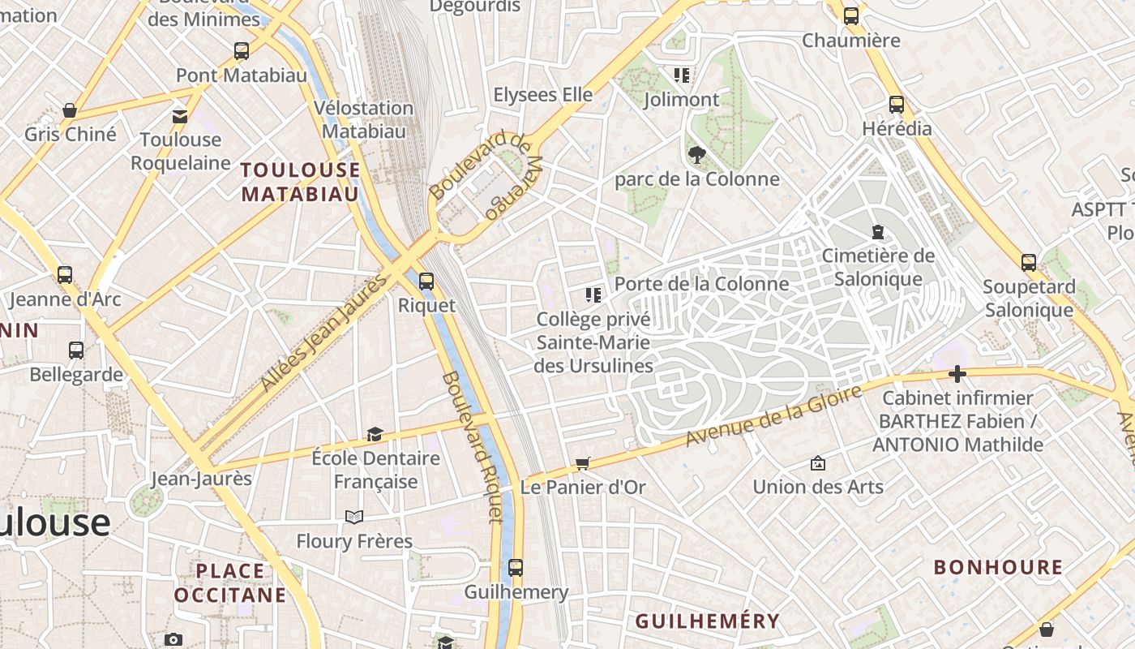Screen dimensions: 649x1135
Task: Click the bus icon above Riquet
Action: point(426,282)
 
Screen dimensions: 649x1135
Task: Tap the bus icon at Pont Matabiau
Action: point(242,51)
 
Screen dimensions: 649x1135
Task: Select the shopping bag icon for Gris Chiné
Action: point(70,110)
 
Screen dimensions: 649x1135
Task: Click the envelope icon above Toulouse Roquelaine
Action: point(180,117)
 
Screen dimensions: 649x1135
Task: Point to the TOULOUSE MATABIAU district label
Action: point(300,182)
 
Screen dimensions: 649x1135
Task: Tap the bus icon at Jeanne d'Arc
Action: point(65,275)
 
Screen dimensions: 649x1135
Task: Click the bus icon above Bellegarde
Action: point(76,350)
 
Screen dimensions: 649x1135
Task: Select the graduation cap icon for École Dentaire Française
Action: point(375,435)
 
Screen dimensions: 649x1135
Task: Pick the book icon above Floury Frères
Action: point(353,517)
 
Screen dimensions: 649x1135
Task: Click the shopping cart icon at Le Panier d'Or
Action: point(582,464)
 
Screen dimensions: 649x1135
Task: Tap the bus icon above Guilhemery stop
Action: point(516,568)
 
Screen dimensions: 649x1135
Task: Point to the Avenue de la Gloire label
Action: point(773,416)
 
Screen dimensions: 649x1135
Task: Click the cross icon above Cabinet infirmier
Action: point(957,374)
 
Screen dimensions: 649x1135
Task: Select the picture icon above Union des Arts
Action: point(818,463)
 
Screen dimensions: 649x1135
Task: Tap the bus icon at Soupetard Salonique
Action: point(1029,263)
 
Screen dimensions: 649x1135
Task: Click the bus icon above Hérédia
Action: point(897,105)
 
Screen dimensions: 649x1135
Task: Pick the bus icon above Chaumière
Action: point(851,16)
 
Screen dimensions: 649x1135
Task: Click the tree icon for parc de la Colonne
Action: point(696,155)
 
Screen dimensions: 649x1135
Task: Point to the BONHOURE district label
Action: point(998,567)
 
